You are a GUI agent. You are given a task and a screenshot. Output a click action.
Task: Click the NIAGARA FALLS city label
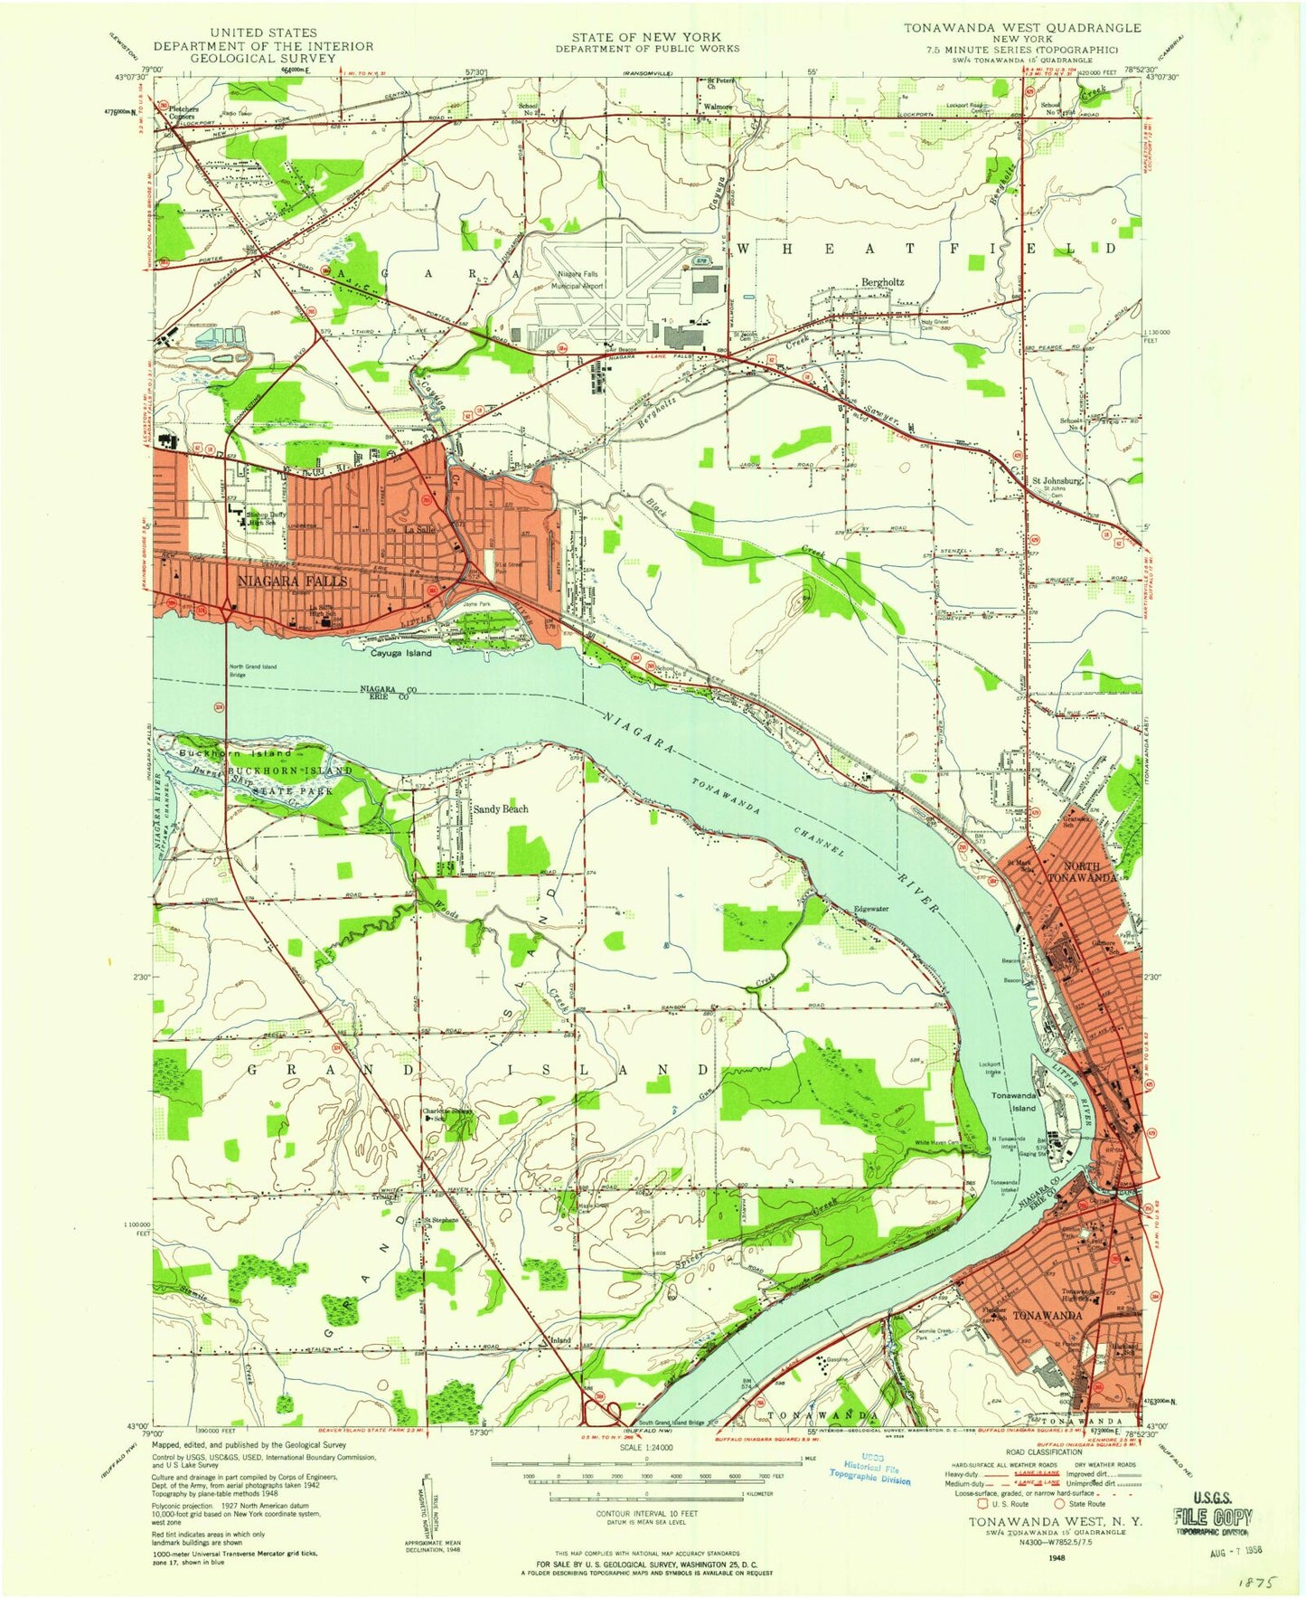292,581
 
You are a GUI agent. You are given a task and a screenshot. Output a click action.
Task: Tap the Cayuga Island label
401,652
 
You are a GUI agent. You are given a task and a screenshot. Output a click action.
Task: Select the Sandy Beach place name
501,808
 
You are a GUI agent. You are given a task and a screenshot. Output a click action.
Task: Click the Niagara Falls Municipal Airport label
578,279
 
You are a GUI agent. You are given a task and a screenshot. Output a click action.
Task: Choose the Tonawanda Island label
1013,1101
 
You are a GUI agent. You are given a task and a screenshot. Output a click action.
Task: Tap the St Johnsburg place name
1057,481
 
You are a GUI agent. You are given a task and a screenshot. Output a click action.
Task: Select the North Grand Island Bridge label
252,670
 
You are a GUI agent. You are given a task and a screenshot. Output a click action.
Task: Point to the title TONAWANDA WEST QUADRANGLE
1022,28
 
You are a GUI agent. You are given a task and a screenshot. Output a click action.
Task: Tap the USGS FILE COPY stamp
1212,1520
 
